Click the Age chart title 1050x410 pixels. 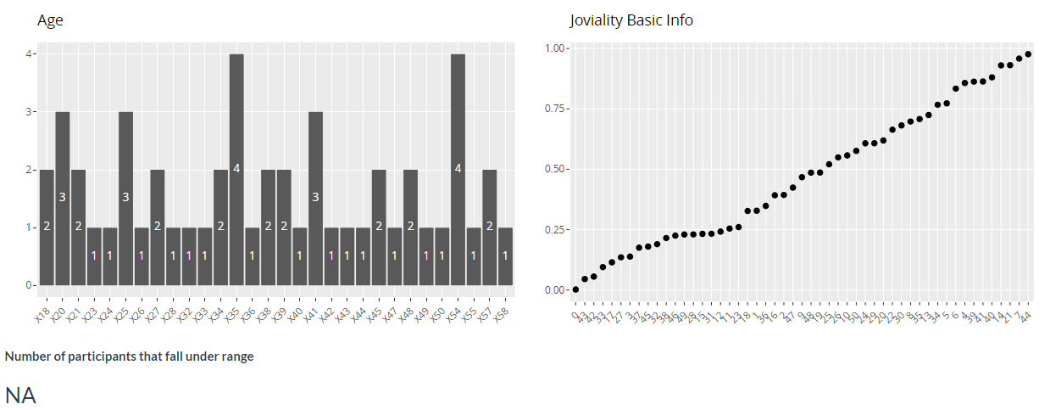50,20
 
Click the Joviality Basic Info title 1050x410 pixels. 631,20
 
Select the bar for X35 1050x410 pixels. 236,170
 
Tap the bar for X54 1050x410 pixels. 458,170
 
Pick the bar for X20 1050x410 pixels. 62,199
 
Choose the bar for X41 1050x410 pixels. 316,199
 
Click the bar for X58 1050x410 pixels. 506,256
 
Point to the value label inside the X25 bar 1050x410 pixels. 125,198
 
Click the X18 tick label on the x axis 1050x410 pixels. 41,315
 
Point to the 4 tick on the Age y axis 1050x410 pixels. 29,54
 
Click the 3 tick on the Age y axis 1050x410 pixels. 29,112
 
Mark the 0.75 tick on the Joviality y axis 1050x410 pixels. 555,108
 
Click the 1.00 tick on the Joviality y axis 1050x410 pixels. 555,48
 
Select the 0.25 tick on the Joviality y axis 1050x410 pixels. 555,229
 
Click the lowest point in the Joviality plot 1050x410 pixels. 575,289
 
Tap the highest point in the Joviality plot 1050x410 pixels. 1028,54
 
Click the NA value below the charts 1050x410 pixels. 20,395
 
